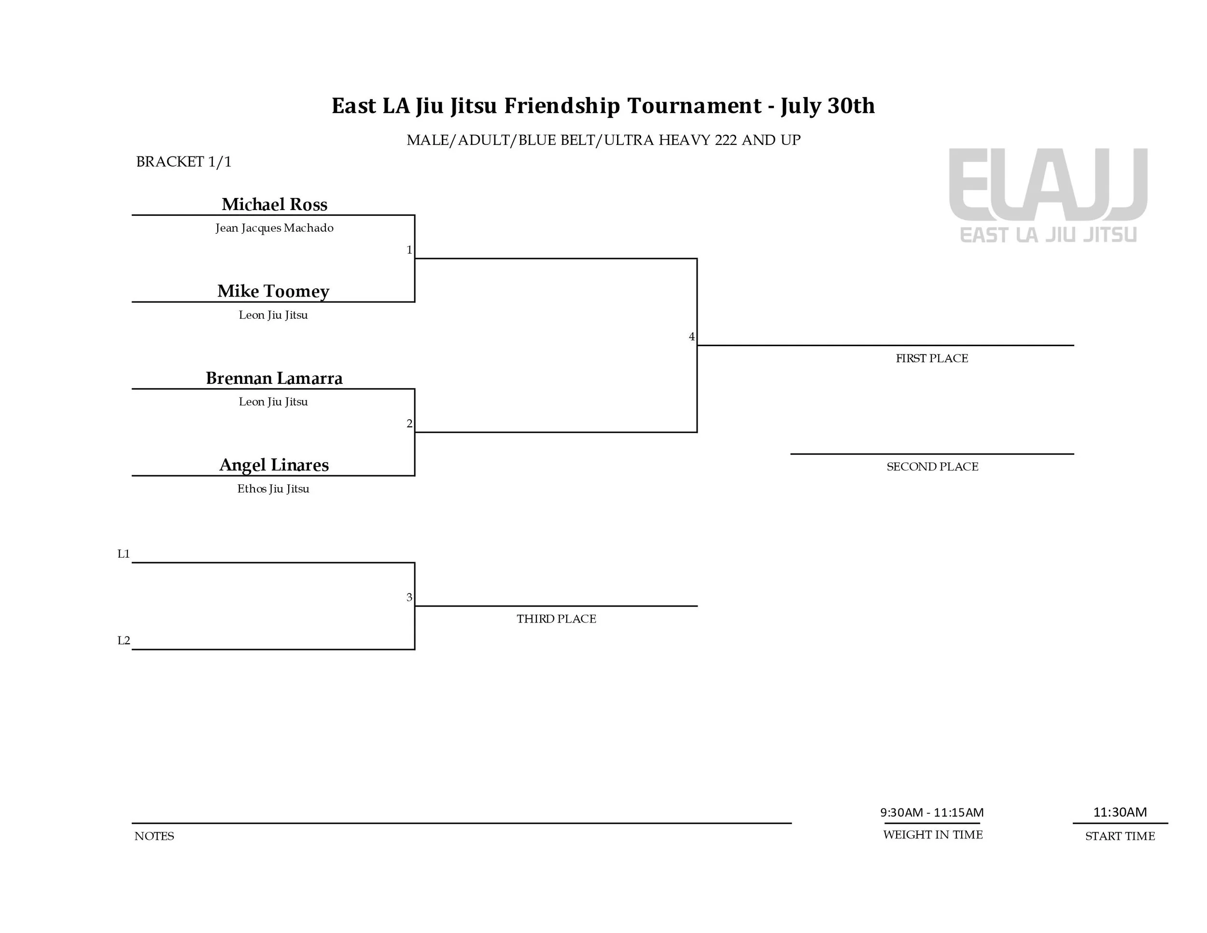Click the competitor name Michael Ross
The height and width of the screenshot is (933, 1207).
point(274,204)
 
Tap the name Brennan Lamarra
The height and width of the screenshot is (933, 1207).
point(274,378)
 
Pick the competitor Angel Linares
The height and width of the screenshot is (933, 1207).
point(274,465)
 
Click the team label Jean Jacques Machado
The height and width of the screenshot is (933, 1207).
point(274,228)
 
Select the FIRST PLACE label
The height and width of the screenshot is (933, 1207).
point(932,358)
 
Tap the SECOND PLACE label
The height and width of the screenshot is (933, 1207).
point(932,466)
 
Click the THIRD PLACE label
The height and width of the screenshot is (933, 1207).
point(556,619)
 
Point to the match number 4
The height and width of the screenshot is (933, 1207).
point(691,337)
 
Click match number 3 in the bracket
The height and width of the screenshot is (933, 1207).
point(409,597)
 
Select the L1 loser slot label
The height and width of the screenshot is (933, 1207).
point(124,554)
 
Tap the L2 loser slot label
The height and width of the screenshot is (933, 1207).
point(124,641)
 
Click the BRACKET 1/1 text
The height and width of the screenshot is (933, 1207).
point(183,161)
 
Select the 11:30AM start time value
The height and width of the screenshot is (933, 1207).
point(1120,812)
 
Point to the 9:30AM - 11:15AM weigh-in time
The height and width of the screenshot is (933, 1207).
point(932,812)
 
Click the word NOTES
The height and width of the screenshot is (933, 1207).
point(154,836)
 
